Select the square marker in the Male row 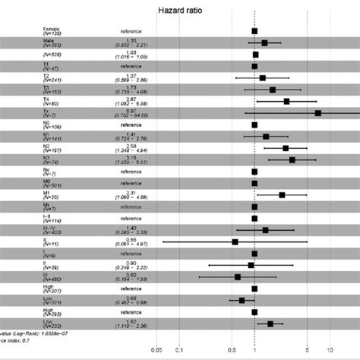264,43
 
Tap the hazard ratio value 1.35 131,40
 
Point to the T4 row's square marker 286,101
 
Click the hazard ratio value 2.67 131,99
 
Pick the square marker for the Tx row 317,112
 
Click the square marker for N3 292,159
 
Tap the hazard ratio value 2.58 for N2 131,146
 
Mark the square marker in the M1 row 282,194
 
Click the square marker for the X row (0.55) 235,242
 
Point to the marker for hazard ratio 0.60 238,276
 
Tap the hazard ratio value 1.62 131,321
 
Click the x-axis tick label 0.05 156,350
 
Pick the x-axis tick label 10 330,350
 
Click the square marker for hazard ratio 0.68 242,300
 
